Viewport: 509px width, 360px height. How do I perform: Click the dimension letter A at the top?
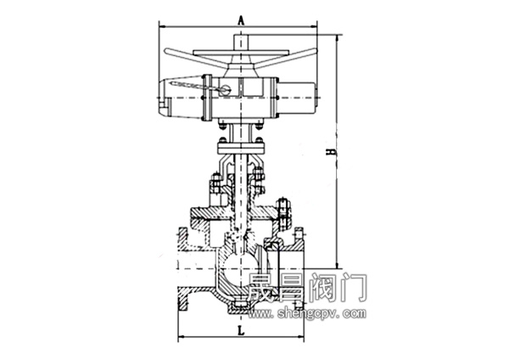coord(241,20)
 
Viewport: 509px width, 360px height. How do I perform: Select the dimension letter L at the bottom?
coord(241,331)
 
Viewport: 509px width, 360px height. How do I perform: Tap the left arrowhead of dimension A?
coord(162,26)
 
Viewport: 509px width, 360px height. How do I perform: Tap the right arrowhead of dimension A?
coord(314,26)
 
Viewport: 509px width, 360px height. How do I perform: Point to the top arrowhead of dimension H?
coord(338,37)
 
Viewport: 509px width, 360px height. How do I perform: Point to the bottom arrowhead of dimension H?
coord(338,265)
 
